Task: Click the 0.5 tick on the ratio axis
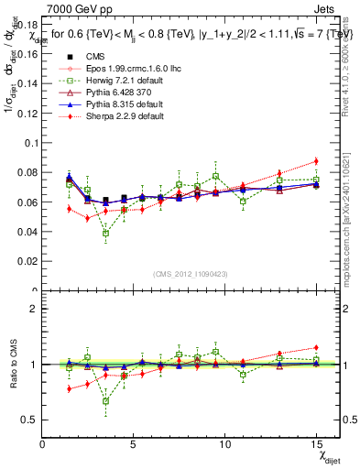point(31,420)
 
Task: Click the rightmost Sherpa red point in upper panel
point(316,160)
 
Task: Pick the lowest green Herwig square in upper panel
point(106,233)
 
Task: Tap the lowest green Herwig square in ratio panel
point(106,400)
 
